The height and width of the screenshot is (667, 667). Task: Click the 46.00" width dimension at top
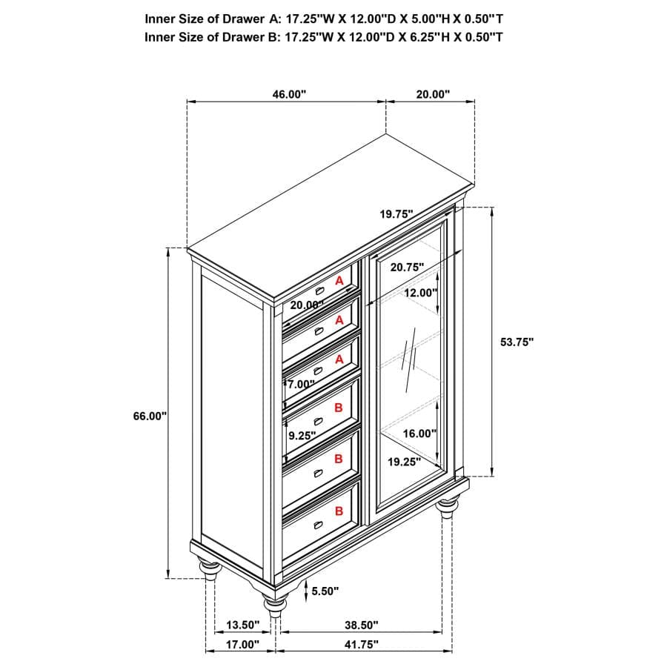point(288,94)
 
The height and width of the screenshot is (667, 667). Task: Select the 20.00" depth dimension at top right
point(432,94)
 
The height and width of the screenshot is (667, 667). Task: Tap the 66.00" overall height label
point(150,417)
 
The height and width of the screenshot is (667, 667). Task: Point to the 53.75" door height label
point(517,342)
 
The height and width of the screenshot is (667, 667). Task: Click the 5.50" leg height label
point(325,591)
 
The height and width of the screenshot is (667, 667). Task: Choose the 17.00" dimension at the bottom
point(242,645)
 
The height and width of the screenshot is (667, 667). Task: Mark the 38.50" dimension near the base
point(361,625)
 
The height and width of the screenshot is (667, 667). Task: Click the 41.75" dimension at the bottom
point(361,645)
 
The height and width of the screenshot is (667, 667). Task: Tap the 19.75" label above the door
point(396,214)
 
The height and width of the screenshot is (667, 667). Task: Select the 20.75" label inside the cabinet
point(406,267)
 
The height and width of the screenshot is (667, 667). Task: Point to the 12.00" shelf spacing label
point(420,293)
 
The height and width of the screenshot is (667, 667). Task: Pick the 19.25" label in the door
point(404,461)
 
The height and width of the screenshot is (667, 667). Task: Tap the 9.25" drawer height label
point(302,436)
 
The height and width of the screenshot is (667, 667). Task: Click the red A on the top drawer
point(339,281)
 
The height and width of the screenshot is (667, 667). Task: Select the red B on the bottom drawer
point(339,511)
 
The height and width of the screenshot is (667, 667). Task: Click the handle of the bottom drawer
point(319,525)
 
